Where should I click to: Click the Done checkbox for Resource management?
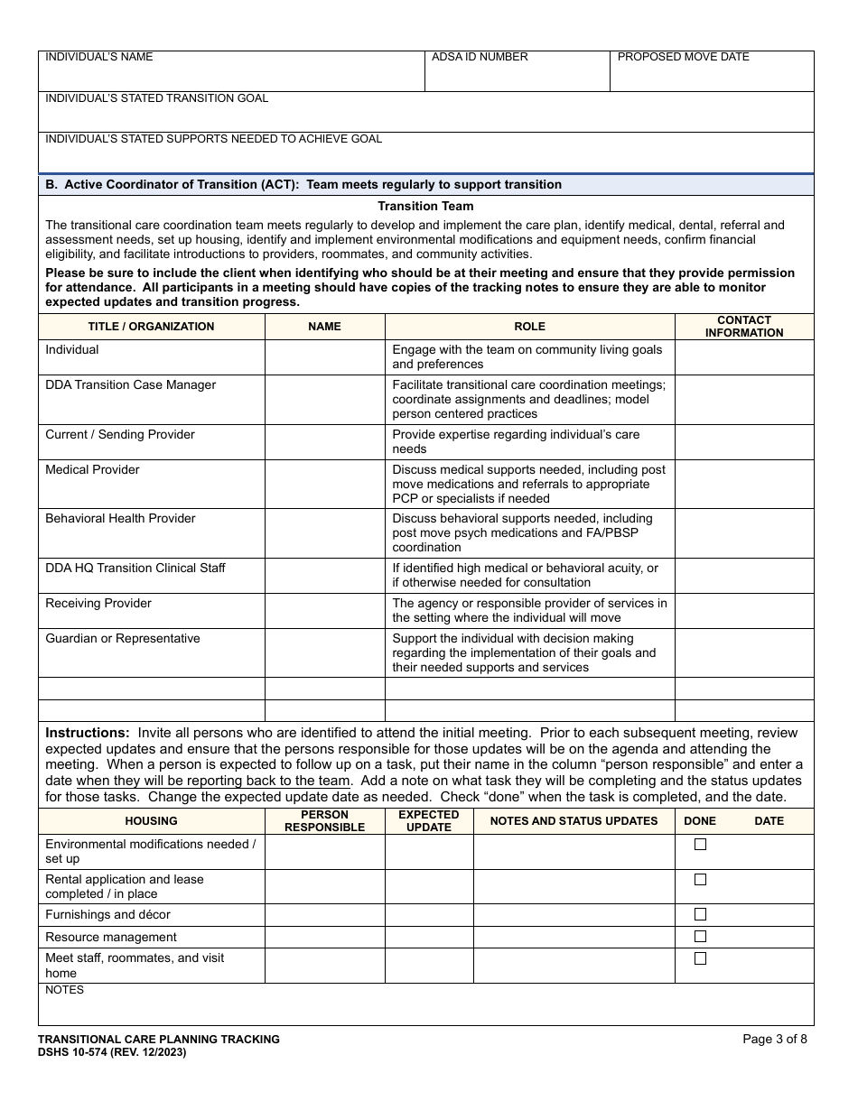point(700,937)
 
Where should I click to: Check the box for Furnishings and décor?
point(700,914)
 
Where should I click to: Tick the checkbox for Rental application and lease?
point(700,879)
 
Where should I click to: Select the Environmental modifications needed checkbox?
point(700,845)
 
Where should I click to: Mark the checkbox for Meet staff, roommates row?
point(700,958)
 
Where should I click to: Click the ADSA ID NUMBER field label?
point(480,57)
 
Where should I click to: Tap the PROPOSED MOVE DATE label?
point(683,57)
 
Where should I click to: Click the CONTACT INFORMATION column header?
point(744,327)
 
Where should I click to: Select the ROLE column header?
point(529,327)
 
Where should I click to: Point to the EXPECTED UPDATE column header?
point(429,821)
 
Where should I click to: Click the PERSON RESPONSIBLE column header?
point(324,821)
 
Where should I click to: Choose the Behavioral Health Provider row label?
point(120,519)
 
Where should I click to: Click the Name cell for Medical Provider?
point(324,484)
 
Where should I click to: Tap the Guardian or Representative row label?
point(123,639)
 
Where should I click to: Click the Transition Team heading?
point(425,207)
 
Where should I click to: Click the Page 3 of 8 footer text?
point(774,1040)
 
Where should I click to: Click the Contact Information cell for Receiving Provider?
point(744,611)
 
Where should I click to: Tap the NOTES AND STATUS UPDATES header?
point(574,821)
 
